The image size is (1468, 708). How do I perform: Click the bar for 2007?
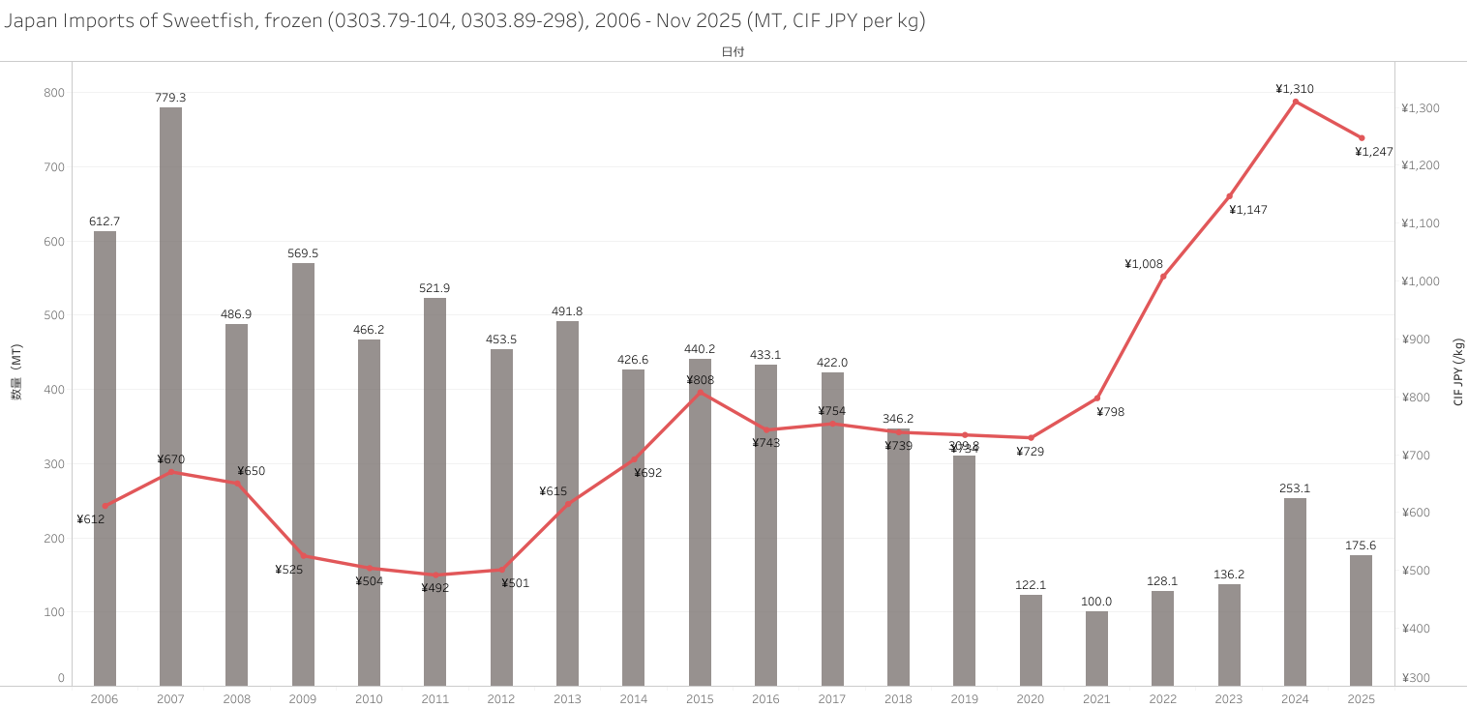pyautogui.click(x=170, y=397)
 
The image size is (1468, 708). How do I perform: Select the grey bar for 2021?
pyautogui.click(x=1096, y=648)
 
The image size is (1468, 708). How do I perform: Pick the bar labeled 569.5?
pyautogui.click(x=303, y=474)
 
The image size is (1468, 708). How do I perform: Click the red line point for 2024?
pyautogui.click(x=1295, y=102)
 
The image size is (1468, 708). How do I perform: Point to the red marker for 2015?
pyautogui.click(x=700, y=392)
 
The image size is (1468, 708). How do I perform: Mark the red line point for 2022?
pyautogui.click(x=1162, y=277)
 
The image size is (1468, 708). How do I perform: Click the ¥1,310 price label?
pyautogui.click(x=1295, y=89)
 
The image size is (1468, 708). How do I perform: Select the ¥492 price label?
pyautogui.click(x=434, y=587)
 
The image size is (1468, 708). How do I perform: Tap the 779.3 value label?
pyautogui.click(x=170, y=98)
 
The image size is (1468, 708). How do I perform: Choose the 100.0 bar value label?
pyautogui.click(x=1096, y=602)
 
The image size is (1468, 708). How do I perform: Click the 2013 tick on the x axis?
pyautogui.click(x=567, y=698)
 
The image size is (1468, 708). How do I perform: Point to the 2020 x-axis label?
pyautogui.click(x=1030, y=698)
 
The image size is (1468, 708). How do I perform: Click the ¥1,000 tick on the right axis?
pyautogui.click(x=1421, y=281)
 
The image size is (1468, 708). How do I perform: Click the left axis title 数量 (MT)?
pyautogui.click(x=16, y=372)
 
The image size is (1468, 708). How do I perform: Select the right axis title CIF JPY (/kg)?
pyautogui.click(x=1457, y=372)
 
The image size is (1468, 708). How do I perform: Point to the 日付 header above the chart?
pyautogui.click(x=733, y=52)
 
